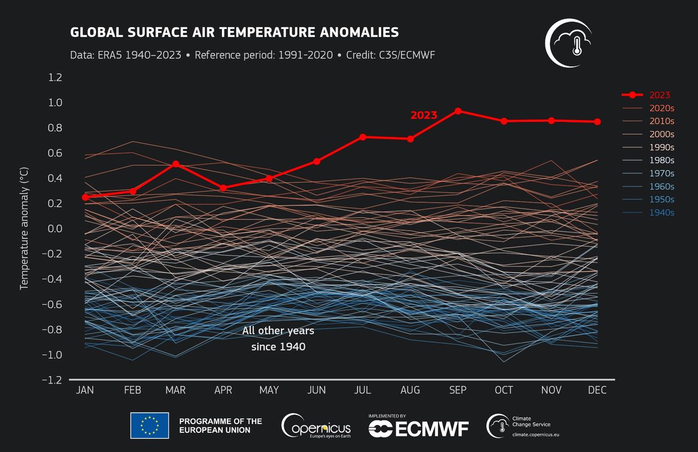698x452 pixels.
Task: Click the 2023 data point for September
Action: pos(458,111)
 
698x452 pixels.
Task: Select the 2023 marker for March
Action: pos(176,164)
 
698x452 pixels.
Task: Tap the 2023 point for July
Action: pos(363,136)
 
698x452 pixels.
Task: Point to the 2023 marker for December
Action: pos(598,122)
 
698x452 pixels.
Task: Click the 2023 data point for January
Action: pos(85,197)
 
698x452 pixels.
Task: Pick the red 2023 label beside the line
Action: pos(424,115)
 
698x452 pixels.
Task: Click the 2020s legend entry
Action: pos(661,108)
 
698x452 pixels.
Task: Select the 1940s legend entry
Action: pos(661,213)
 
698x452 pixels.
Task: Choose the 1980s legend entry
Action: pos(661,160)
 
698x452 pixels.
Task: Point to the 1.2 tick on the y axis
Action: pos(56,78)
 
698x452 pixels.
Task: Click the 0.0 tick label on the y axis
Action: pos(56,229)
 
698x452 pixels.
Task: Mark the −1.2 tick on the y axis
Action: pos(53,380)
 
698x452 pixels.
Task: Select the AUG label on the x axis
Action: pos(410,390)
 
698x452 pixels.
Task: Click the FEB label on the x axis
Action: pos(133,390)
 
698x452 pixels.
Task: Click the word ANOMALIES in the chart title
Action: pos(348,33)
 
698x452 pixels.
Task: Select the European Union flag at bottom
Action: pos(149,425)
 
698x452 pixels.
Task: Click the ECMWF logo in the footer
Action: pos(419,429)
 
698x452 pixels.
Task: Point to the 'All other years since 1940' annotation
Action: pos(278,338)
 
